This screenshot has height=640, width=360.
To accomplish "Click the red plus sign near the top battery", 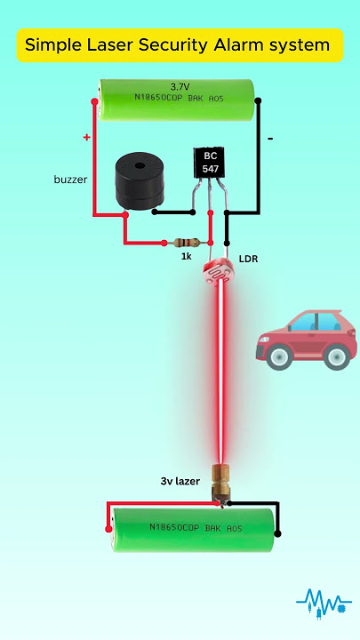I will [87, 138].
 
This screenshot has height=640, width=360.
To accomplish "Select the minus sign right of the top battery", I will [269, 139].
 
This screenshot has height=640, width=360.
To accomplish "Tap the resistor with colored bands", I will [186, 242].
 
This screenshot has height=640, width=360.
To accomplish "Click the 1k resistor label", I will [187, 256].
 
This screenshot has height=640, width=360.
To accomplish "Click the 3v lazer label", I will [180, 481].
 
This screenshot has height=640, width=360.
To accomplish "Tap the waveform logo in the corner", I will [323, 602].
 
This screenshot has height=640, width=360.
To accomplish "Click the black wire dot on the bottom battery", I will [278, 534].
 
